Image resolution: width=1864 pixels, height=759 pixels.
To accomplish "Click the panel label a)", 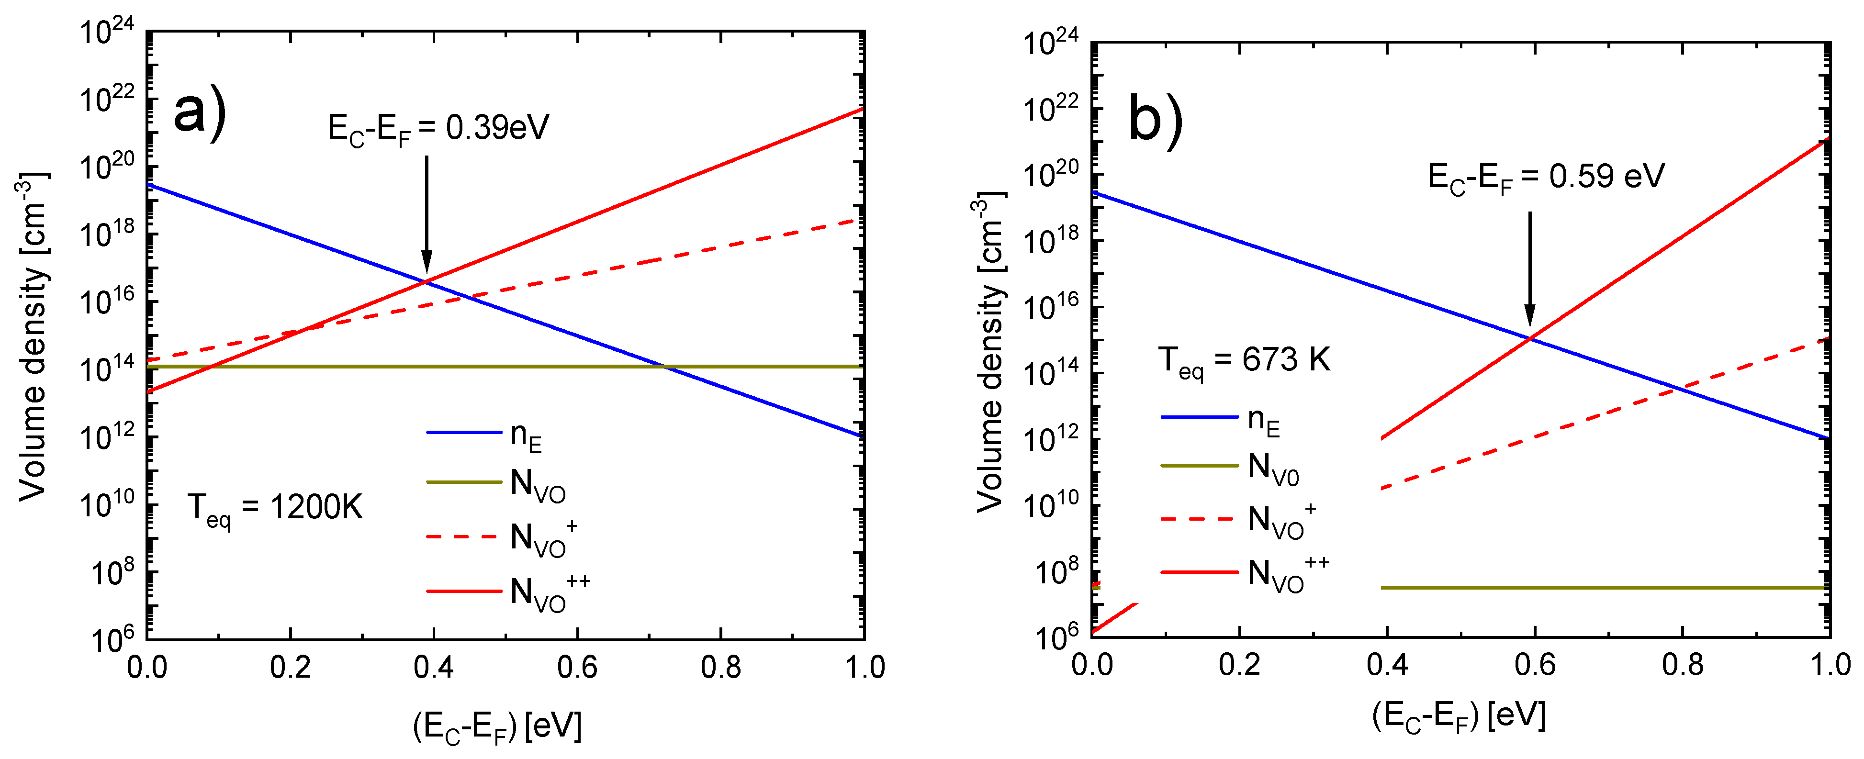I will [x=200, y=112].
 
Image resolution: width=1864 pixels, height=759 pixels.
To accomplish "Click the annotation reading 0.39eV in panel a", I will [x=438, y=128].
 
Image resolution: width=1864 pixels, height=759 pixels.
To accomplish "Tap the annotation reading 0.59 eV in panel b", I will [x=1546, y=177].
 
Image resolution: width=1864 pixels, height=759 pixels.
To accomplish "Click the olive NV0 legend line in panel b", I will [x=1200, y=465].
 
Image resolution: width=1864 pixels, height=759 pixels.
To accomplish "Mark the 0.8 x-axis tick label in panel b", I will [x=1683, y=665].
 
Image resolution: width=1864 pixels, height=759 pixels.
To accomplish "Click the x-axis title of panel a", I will [x=497, y=727].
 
